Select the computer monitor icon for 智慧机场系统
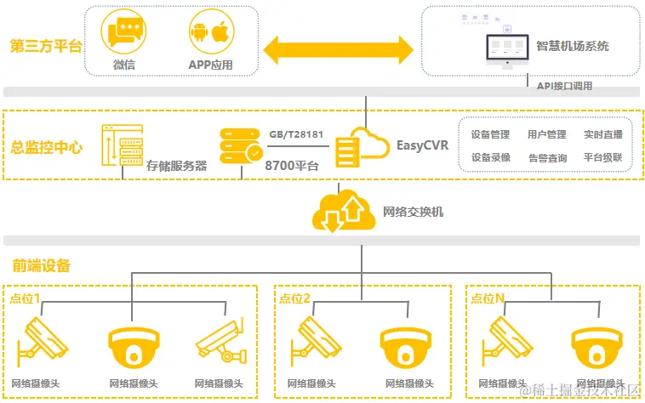(x=506, y=50)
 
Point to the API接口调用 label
(x=564, y=86)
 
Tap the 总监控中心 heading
(x=48, y=147)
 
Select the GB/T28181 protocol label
(x=295, y=133)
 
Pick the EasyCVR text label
(x=422, y=145)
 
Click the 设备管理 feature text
(x=490, y=134)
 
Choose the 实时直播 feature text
(x=602, y=134)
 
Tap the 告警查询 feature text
(x=547, y=157)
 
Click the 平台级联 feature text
(x=602, y=157)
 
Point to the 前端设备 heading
(x=41, y=265)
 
